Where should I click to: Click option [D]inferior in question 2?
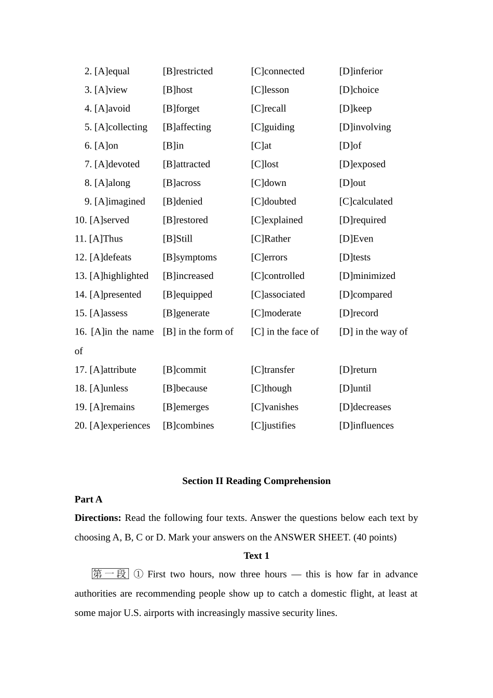point(361,71)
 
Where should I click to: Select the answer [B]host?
point(177,90)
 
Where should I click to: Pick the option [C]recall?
point(268,109)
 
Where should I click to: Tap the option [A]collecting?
point(120,127)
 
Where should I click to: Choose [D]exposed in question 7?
point(362,164)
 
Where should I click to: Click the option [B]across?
point(182,183)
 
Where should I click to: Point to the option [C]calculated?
point(366,202)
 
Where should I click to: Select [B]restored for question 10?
point(185,220)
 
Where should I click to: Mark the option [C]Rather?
point(270,239)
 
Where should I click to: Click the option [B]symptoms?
point(189,258)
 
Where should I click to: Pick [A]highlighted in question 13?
point(119,276)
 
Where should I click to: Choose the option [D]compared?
point(365,294)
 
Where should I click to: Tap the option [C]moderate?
point(276,313)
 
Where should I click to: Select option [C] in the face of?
point(285,332)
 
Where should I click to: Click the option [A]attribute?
point(113,370)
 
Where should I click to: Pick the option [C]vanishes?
point(275,407)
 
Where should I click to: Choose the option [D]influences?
point(366,426)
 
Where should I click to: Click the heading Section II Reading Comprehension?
point(256,481)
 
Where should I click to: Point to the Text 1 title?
point(256,556)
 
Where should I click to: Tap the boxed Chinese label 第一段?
point(110,574)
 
